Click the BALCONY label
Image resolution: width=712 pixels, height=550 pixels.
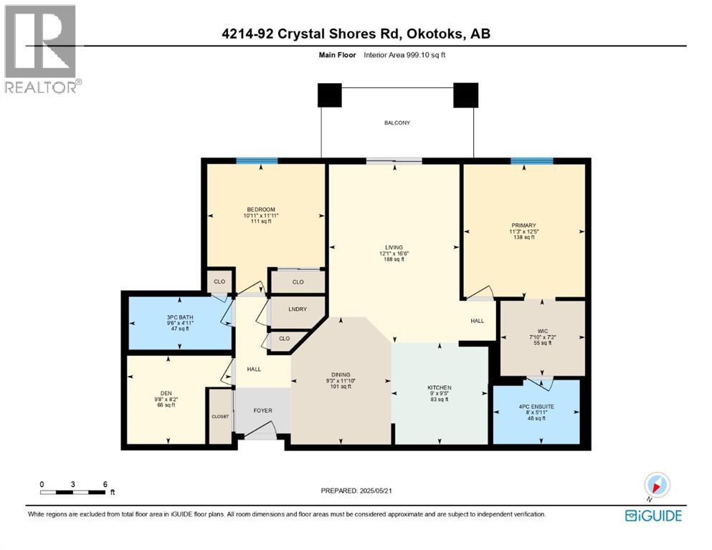(397, 123)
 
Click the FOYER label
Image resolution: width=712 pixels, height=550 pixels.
(262, 411)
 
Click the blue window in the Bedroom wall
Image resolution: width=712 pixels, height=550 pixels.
(257, 161)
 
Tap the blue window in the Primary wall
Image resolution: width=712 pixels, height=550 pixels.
(531, 161)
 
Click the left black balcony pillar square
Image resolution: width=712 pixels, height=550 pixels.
(330, 95)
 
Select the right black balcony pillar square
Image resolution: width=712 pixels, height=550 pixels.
(465, 95)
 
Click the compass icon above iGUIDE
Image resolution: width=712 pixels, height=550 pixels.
(657, 485)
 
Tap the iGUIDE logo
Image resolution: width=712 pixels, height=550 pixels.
(653, 516)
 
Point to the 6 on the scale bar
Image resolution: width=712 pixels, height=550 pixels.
(105, 483)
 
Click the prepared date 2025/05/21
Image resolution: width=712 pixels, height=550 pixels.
(386, 491)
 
